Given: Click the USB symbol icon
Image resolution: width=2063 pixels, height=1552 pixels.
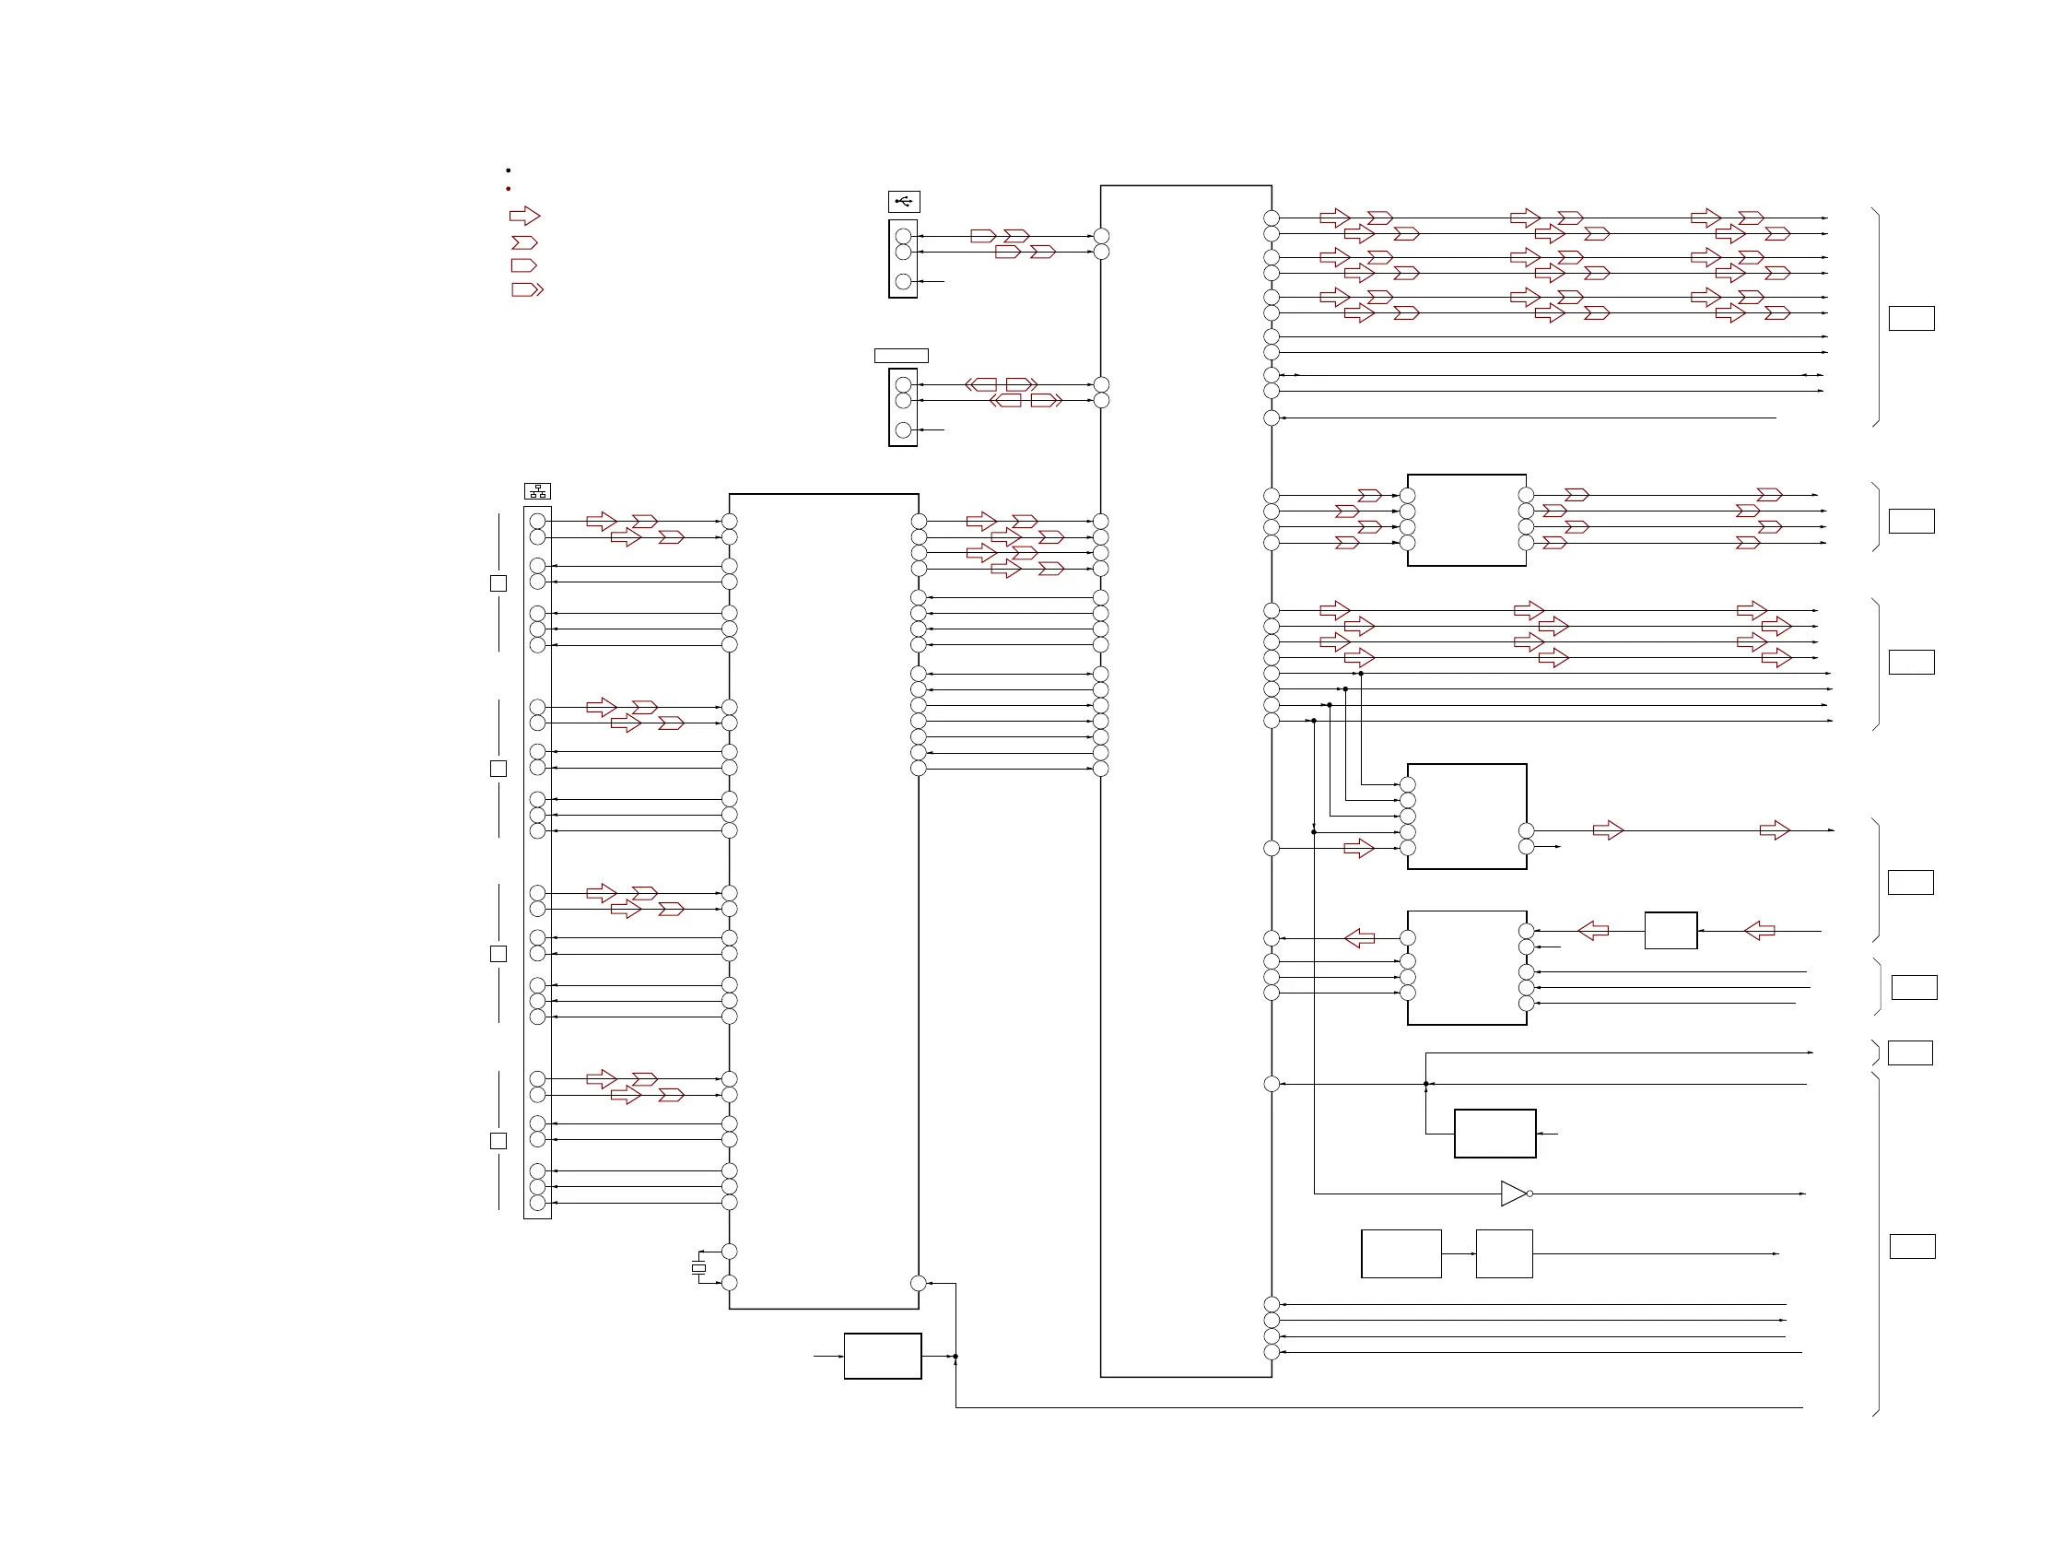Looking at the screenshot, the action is [x=903, y=202].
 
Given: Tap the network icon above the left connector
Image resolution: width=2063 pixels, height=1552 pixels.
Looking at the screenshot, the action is [x=537, y=491].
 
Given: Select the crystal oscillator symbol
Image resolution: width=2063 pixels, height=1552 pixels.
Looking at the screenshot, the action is [x=698, y=1267].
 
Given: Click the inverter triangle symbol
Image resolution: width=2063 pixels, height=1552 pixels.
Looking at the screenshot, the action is [x=1513, y=1193].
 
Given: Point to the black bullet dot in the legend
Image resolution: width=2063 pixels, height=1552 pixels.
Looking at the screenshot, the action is [x=509, y=170].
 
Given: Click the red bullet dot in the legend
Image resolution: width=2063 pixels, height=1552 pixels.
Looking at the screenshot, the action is [x=509, y=189].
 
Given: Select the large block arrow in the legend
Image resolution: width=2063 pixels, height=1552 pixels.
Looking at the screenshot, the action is [x=524, y=217].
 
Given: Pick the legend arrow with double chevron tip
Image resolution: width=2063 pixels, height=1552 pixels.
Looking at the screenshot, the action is [x=527, y=290].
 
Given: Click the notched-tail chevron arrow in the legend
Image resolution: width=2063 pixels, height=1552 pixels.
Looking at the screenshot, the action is [x=524, y=242].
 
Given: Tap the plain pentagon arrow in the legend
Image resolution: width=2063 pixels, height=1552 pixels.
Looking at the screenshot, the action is [x=523, y=265].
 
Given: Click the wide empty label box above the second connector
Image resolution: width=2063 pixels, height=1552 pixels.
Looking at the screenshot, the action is [x=901, y=356].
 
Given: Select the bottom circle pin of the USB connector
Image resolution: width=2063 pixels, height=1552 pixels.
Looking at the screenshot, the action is [x=903, y=281].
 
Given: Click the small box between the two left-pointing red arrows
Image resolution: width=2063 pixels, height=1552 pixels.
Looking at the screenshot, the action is [x=1670, y=931].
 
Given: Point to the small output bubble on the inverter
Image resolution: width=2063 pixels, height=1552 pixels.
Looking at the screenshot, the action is [x=1530, y=1193].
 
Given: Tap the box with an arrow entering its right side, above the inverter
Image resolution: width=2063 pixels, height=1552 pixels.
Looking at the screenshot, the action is [x=1495, y=1134].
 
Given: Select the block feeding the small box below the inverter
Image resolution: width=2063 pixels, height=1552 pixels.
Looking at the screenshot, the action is [x=1401, y=1253].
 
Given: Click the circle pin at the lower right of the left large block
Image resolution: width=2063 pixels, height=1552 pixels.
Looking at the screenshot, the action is [x=918, y=1284].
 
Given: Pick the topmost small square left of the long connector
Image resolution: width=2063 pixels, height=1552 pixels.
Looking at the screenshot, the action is [x=498, y=584].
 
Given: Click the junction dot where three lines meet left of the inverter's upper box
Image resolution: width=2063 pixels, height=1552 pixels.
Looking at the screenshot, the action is [x=1426, y=1084].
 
